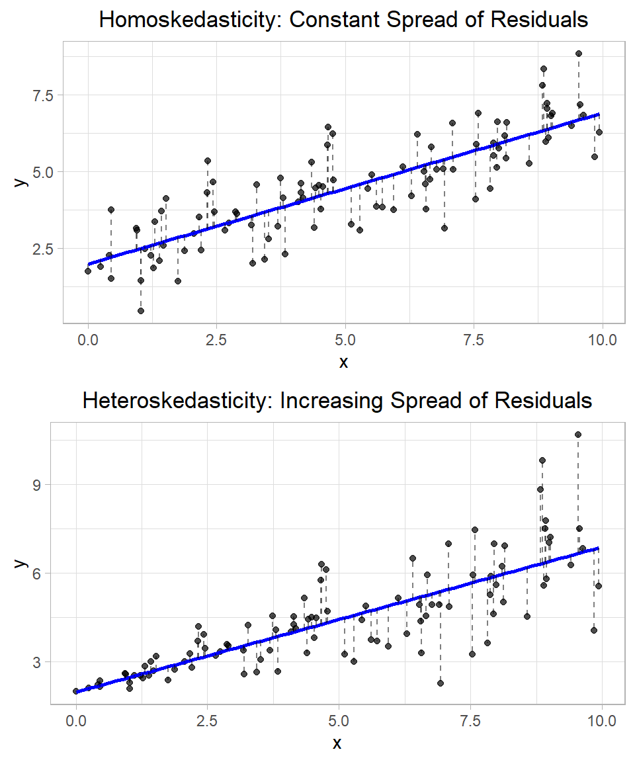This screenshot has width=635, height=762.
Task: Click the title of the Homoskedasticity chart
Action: click(343, 20)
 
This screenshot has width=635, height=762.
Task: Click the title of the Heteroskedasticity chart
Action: click(337, 400)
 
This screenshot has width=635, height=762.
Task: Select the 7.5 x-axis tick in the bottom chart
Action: click(470, 720)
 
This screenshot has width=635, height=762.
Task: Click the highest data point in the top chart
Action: click(578, 54)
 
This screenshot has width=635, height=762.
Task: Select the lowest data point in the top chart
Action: click(141, 310)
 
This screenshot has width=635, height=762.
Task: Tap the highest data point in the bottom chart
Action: click(577, 435)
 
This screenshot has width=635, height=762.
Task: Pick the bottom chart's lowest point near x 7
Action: click(441, 683)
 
